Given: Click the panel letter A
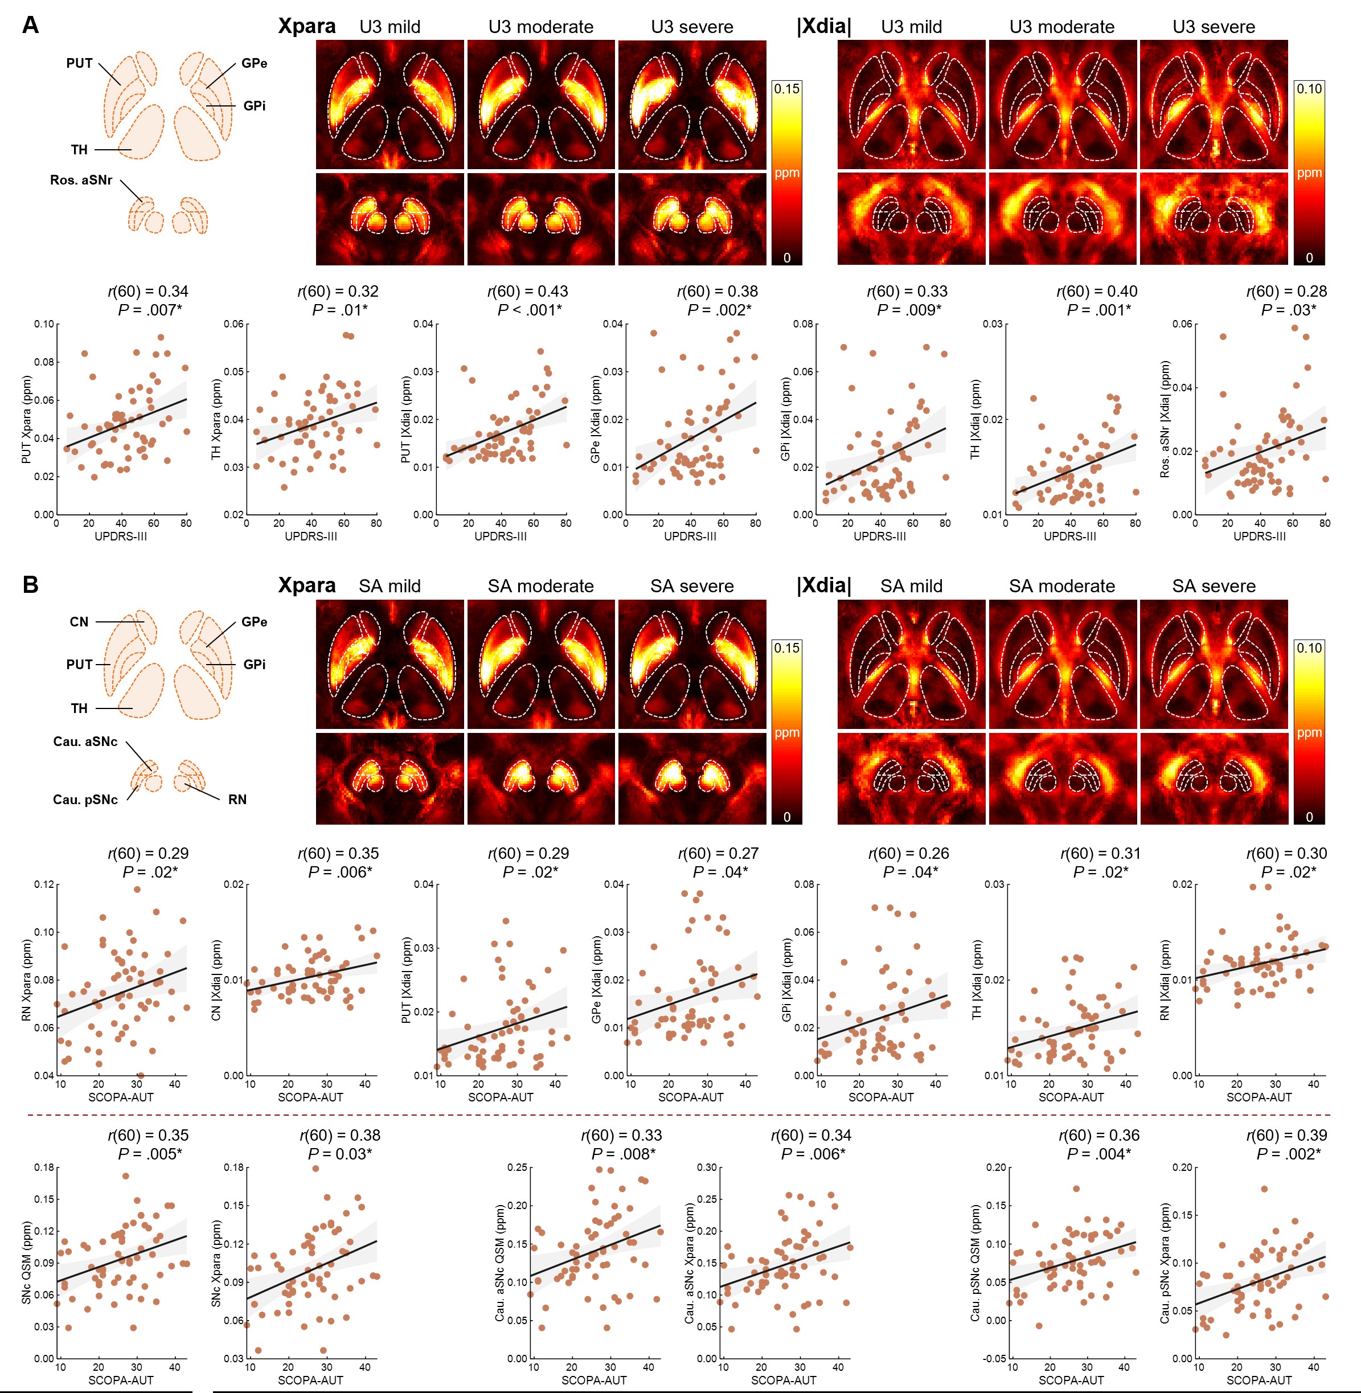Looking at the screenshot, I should [x=30, y=25].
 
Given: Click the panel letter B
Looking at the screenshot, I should [x=30, y=585].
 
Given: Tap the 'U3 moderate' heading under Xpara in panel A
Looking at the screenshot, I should [x=540, y=27].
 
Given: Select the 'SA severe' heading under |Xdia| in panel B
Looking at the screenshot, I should [x=1213, y=586].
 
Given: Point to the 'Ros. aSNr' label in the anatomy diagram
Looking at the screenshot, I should [x=81, y=180].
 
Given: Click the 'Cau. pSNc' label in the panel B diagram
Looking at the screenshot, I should [x=85, y=799].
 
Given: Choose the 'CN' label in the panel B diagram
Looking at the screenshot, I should [x=79, y=622].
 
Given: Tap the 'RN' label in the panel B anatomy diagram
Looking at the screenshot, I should [x=237, y=799].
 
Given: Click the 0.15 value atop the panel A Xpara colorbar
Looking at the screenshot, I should [x=786, y=89].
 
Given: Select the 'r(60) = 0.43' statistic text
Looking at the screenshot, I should [x=527, y=292].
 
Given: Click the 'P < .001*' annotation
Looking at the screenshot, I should [x=530, y=309].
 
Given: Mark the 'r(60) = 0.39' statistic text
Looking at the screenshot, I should [x=1286, y=1135].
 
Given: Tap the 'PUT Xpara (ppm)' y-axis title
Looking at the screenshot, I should [x=26, y=420].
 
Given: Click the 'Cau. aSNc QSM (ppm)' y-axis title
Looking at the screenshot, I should [x=501, y=1263].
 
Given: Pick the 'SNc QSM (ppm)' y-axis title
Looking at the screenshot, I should [x=26, y=1263].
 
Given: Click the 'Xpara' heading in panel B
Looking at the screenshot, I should [x=307, y=585].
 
